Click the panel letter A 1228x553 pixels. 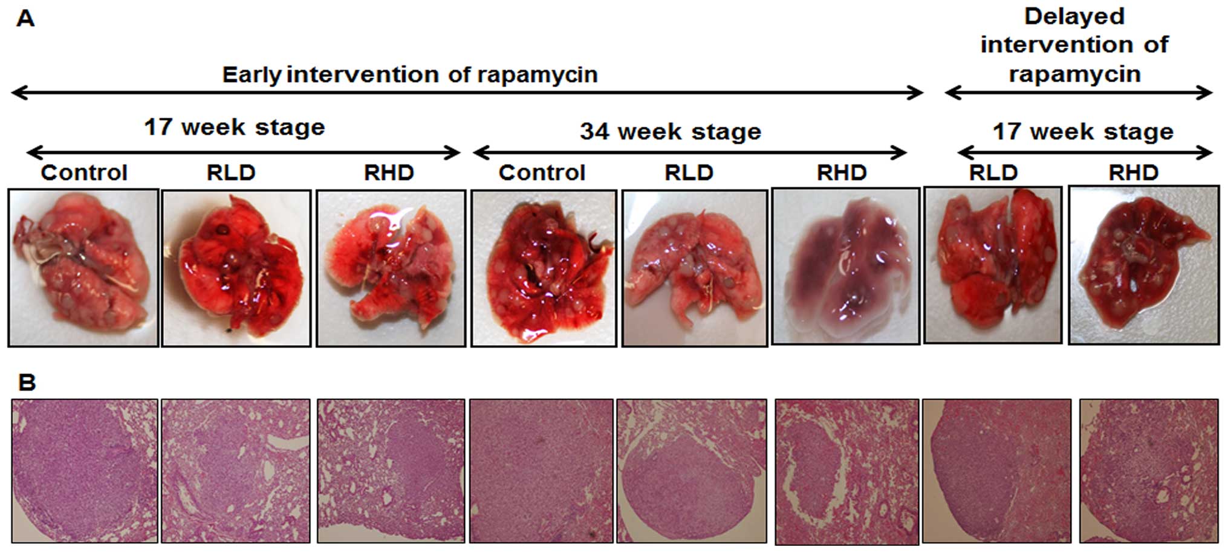25,19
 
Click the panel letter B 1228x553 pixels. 27,382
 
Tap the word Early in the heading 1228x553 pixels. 251,75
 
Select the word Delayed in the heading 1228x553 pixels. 1074,16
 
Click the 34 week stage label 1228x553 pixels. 670,131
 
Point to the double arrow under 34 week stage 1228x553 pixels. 690,152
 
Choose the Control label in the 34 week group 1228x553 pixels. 542,173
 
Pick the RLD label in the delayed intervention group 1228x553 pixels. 993,173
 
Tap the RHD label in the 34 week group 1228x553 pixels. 842,173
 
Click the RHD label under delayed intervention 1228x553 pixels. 1133,173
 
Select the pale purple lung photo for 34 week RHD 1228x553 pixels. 845,266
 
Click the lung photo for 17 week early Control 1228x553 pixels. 83,268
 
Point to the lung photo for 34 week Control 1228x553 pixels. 544,268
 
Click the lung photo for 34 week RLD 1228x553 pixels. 694,268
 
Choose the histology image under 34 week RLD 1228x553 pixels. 691,471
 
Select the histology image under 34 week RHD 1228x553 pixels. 846,471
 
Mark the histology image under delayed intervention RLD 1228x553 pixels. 996,471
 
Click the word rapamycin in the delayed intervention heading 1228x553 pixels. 1074,74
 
